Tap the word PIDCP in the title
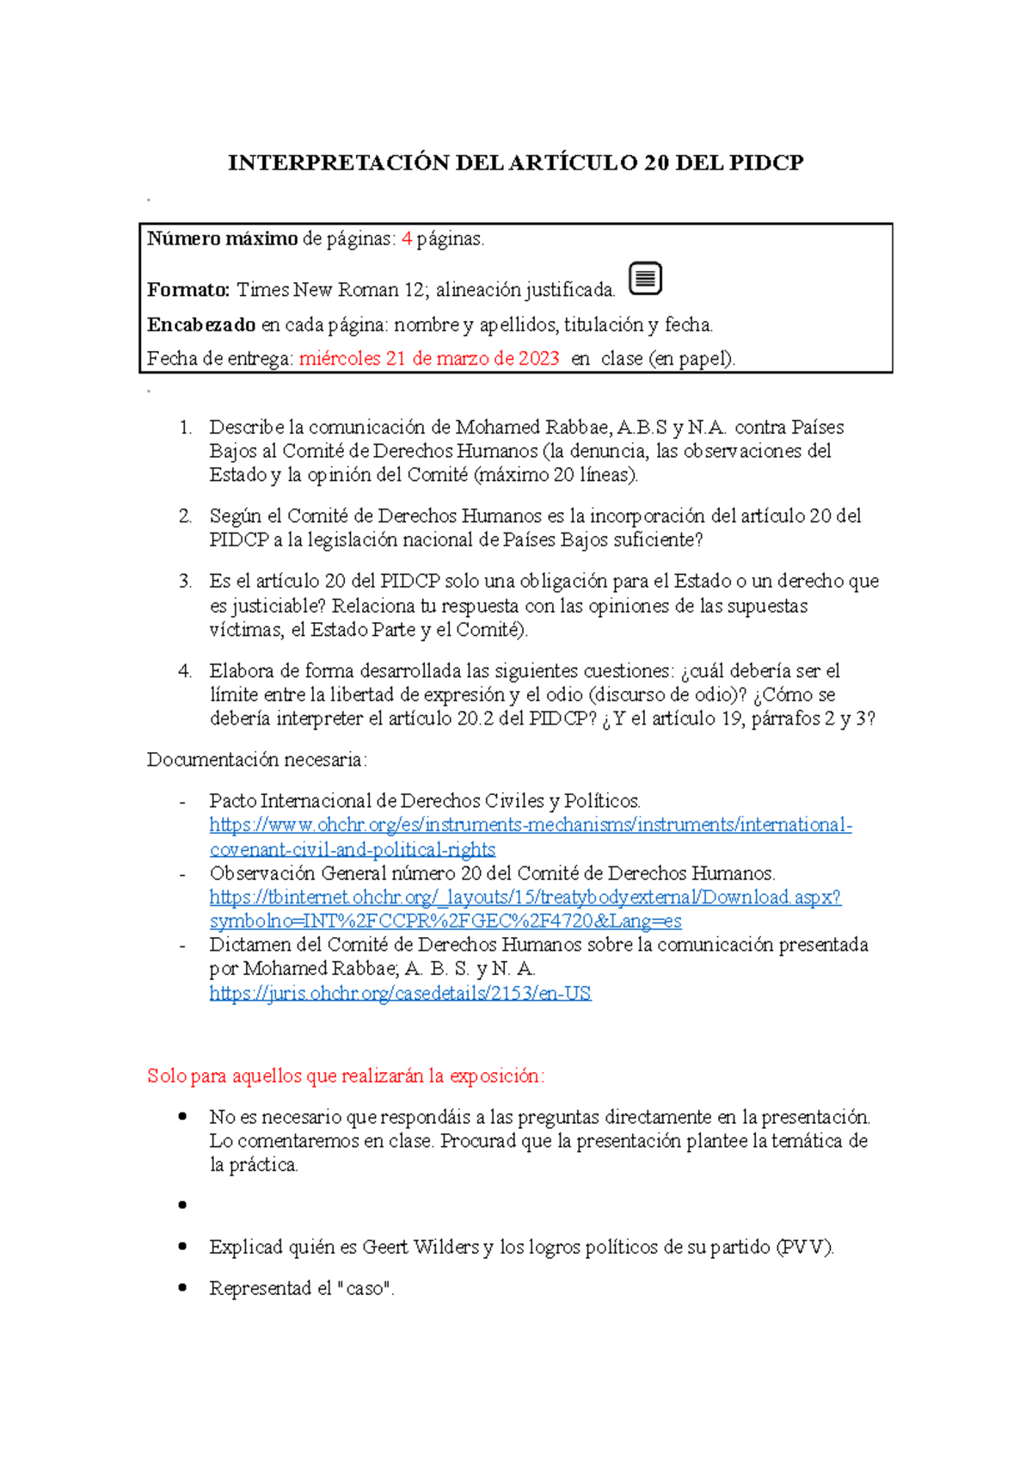pyautogui.click(x=765, y=163)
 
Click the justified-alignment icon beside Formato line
pyautogui.click(x=645, y=279)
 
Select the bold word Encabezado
pyautogui.click(x=201, y=324)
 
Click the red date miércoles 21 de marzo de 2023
pyautogui.click(x=429, y=359)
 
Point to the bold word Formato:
pyautogui.click(x=187, y=290)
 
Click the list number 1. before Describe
pyautogui.click(x=185, y=428)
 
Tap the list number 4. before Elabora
pyautogui.click(x=185, y=671)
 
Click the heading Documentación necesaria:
pyautogui.click(x=257, y=760)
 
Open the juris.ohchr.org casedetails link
pyautogui.click(x=400, y=993)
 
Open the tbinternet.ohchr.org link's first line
pyautogui.click(x=525, y=897)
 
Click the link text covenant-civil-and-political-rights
pyautogui.click(x=353, y=849)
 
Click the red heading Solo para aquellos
pyautogui.click(x=345, y=1076)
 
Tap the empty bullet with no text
pyautogui.click(x=182, y=1205)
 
